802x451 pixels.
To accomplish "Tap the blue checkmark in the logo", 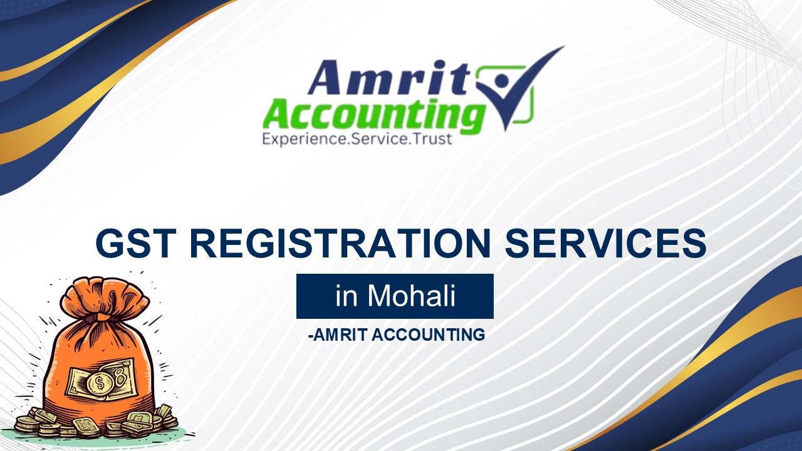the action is pyautogui.click(x=520, y=88).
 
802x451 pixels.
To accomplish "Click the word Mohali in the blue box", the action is pyautogui.click(x=412, y=296).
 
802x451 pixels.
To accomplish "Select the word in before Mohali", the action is pyautogui.click(x=346, y=296).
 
